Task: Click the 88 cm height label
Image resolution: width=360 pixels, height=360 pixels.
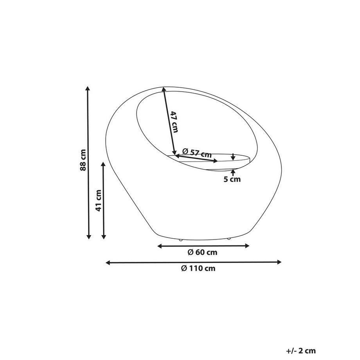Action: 83,160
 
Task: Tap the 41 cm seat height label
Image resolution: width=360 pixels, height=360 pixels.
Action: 99,200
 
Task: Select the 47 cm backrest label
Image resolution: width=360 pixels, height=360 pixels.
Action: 174,122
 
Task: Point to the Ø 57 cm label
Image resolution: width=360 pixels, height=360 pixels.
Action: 197,153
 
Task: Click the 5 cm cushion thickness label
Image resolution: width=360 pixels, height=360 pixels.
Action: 232,179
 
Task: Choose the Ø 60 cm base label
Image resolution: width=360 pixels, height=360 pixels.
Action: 203,252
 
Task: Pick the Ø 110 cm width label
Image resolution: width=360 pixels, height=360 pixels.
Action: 198,268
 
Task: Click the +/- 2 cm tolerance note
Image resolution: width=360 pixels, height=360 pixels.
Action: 301,351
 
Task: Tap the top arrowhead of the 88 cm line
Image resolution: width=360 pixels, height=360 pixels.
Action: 88,88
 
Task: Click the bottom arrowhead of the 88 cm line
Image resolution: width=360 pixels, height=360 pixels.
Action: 88,237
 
